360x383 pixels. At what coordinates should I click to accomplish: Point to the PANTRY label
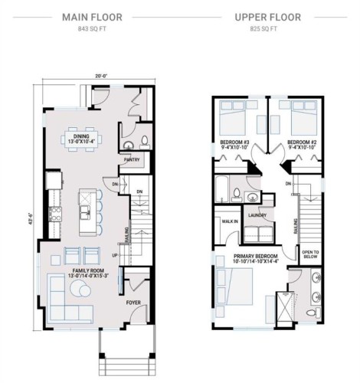131,160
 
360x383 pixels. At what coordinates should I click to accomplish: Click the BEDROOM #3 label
234,142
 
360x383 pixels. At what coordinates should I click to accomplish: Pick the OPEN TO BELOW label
311,256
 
